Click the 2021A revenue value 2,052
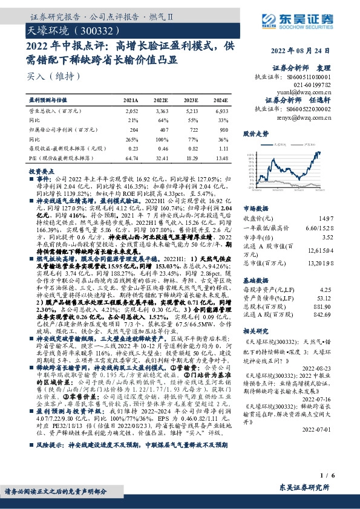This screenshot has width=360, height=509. click(131, 112)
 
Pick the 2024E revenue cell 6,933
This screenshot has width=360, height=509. click(221, 112)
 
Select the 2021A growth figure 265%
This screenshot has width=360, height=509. click(133, 138)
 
